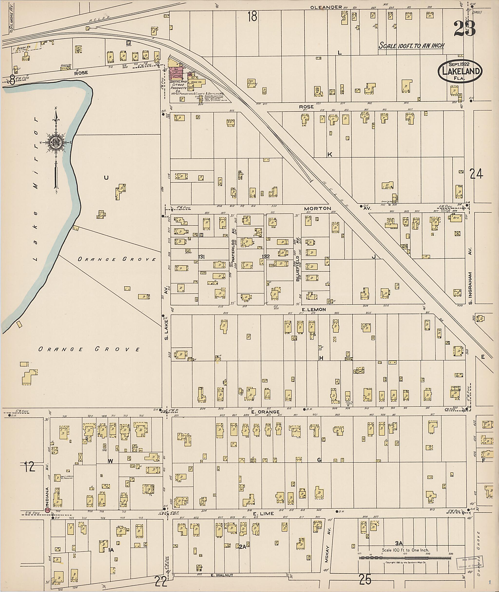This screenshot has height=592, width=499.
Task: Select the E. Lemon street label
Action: click(x=314, y=310)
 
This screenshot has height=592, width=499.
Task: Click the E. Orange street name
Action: click(x=265, y=412)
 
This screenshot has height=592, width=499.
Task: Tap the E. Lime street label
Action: click(x=263, y=514)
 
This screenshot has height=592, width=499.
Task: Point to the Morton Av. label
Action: click(x=317, y=209)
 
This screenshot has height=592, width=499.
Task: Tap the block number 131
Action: click(x=202, y=257)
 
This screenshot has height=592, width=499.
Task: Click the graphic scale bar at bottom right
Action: click(x=404, y=558)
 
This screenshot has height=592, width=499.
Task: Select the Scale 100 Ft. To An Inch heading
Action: click(x=411, y=46)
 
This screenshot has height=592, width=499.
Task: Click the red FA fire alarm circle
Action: click(x=48, y=510)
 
